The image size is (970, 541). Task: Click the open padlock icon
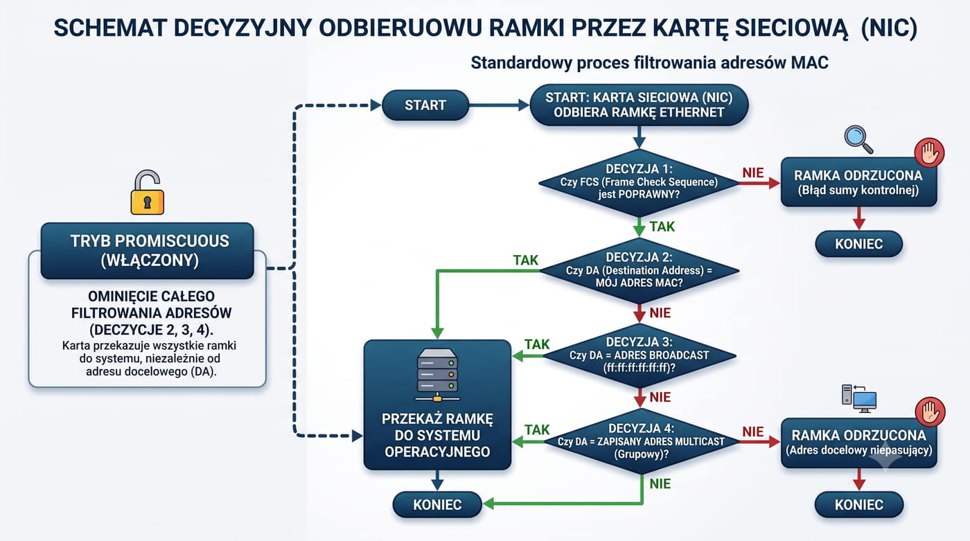(x=147, y=192)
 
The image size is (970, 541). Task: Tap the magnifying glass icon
(x=858, y=139)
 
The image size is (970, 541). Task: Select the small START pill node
(x=425, y=105)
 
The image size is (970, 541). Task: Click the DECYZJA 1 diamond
(x=639, y=183)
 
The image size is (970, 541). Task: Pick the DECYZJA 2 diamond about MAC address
(x=639, y=270)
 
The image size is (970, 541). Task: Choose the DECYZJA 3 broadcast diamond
(x=639, y=355)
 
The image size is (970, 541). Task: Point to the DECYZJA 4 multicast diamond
(x=641, y=441)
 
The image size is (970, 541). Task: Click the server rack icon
(x=437, y=375)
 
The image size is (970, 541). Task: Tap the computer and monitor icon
(x=859, y=398)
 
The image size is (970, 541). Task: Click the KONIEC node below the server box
(x=437, y=505)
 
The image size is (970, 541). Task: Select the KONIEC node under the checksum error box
(x=858, y=244)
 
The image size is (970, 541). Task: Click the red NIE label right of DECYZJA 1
(x=753, y=172)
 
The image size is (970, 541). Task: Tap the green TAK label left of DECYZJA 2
(x=525, y=260)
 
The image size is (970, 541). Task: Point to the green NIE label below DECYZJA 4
(x=660, y=484)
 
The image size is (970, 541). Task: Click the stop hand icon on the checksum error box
(x=929, y=152)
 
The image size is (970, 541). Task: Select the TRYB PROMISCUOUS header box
(x=147, y=251)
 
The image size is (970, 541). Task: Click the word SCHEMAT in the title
(x=110, y=28)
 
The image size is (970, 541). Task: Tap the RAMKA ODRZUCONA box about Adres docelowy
(x=859, y=443)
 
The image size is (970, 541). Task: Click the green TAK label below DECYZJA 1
(x=662, y=227)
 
